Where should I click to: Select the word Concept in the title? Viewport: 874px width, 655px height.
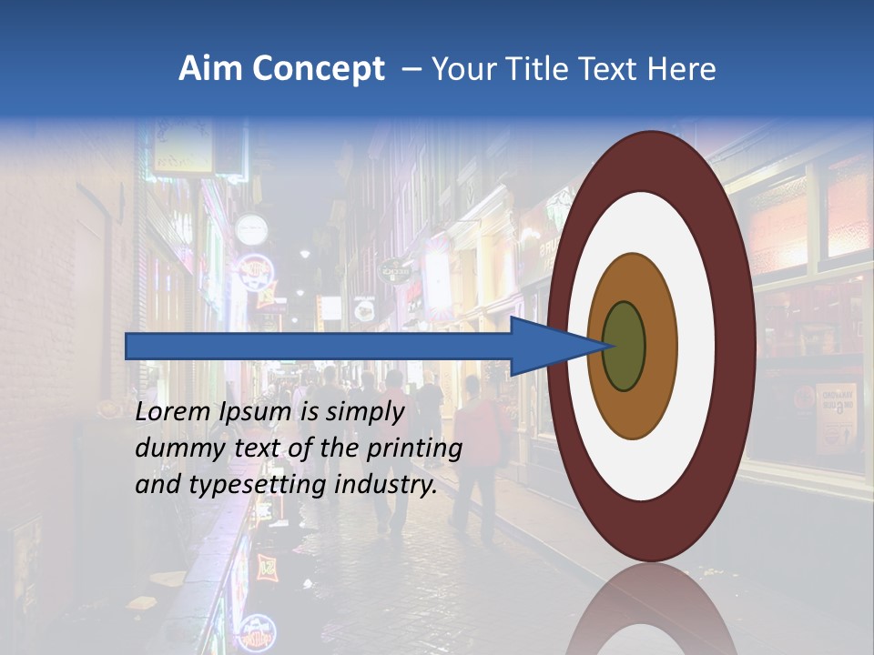click(x=320, y=70)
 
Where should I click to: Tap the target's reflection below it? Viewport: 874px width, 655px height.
click(x=652, y=610)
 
